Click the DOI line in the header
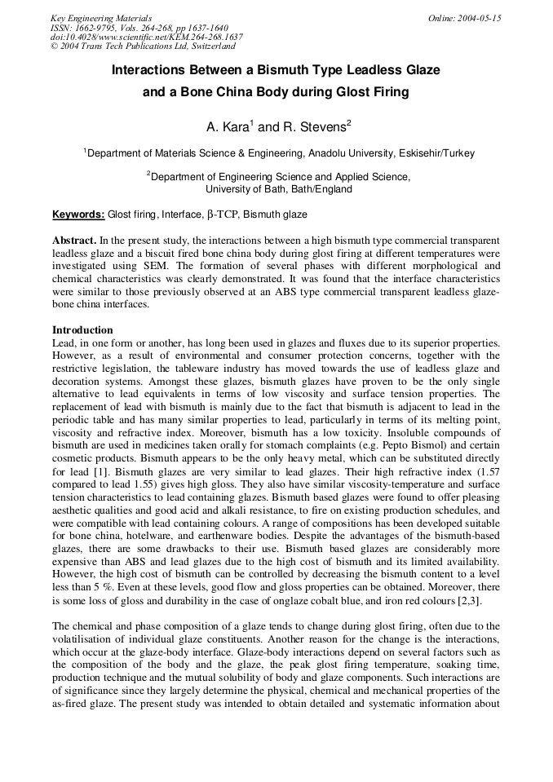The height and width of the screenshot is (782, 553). (x=146, y=38)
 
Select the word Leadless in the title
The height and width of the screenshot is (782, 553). (x=363, y=70)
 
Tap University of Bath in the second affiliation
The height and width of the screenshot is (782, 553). (x=244, y=189)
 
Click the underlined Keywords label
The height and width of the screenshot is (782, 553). (x=78, y=214)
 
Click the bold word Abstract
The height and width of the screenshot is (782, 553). (x=74, y=241)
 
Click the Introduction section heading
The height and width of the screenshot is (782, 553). (x=82, y=330)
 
